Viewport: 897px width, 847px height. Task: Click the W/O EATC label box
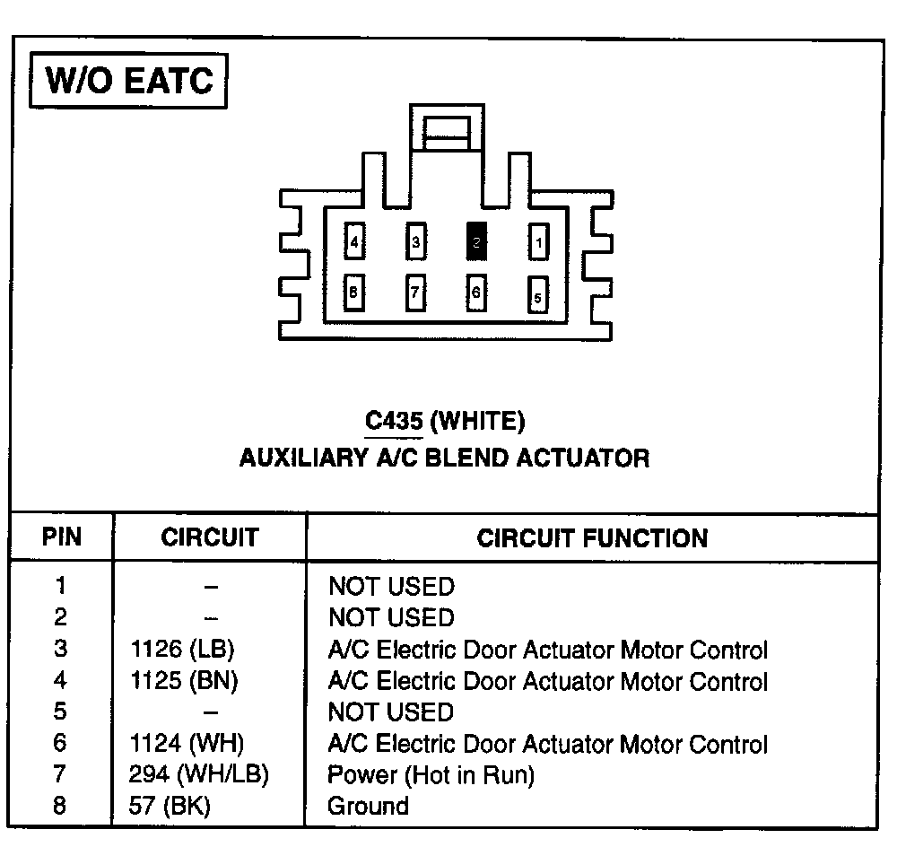pos(129,82)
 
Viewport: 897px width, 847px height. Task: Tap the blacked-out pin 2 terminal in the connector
pos(477,241)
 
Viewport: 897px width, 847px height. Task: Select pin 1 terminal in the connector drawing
pos(537,241)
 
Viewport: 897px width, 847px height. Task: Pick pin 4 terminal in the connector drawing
pos(355,241)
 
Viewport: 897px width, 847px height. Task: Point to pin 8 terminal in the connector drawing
pos(355,292)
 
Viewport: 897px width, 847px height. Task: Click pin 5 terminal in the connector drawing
pos(537,293)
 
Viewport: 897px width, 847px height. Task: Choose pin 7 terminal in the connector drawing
pos(415,292)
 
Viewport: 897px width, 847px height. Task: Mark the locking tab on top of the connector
pos(446,131)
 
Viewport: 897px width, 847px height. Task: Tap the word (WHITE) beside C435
pos(478,420)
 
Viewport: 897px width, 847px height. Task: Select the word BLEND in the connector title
pos(471,458)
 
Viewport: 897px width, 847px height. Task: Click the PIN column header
pos(61,537)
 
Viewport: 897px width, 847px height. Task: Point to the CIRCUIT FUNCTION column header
pos(592,538)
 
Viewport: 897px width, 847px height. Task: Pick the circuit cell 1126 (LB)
pos(184,650)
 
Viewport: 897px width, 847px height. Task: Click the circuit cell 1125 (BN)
pos(184,681)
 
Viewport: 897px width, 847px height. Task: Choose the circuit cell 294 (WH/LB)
pos(199,773)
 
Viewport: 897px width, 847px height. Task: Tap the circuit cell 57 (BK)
pos(170,805)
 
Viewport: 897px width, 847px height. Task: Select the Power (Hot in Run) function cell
pos(431,774)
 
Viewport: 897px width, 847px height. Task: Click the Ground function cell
pos(368,805)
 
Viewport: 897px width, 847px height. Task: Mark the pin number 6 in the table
pos(60,743)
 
